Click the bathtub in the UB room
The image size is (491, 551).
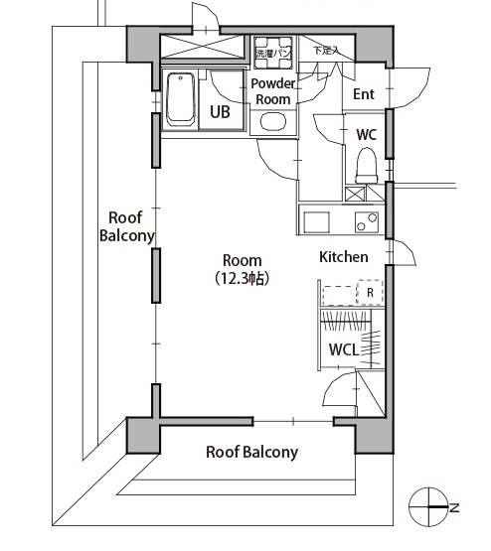[x=181, y=99]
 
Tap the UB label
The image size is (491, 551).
[x=220, y=112]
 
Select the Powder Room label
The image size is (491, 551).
[x=273, y=91]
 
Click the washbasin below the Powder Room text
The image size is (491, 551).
[x=273, y=121]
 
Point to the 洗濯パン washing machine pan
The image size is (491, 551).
[x=273, y=53]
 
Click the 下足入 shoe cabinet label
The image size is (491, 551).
[x=327, y=51]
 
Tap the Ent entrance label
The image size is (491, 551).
[x=364, y=94]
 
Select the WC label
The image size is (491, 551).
[x=366, y=134]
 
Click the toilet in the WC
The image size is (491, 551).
[x=367, y=165]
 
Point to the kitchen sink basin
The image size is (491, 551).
[x=316, y=222]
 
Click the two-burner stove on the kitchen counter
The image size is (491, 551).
[x=367, y=222]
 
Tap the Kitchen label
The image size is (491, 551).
[x=344, y=257]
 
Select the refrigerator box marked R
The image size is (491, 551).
[x=370, y=292]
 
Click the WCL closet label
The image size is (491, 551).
[x=344, y=349]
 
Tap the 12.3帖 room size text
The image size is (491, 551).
[x=243, y=278]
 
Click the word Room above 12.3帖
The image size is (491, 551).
[x=243, y=261]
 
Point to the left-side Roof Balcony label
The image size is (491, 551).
[x=126, y=226]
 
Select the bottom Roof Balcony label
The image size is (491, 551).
[x=251, y=452]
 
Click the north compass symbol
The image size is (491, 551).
[x=428, y=507]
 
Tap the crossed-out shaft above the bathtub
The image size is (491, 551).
[x=203, y=46]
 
